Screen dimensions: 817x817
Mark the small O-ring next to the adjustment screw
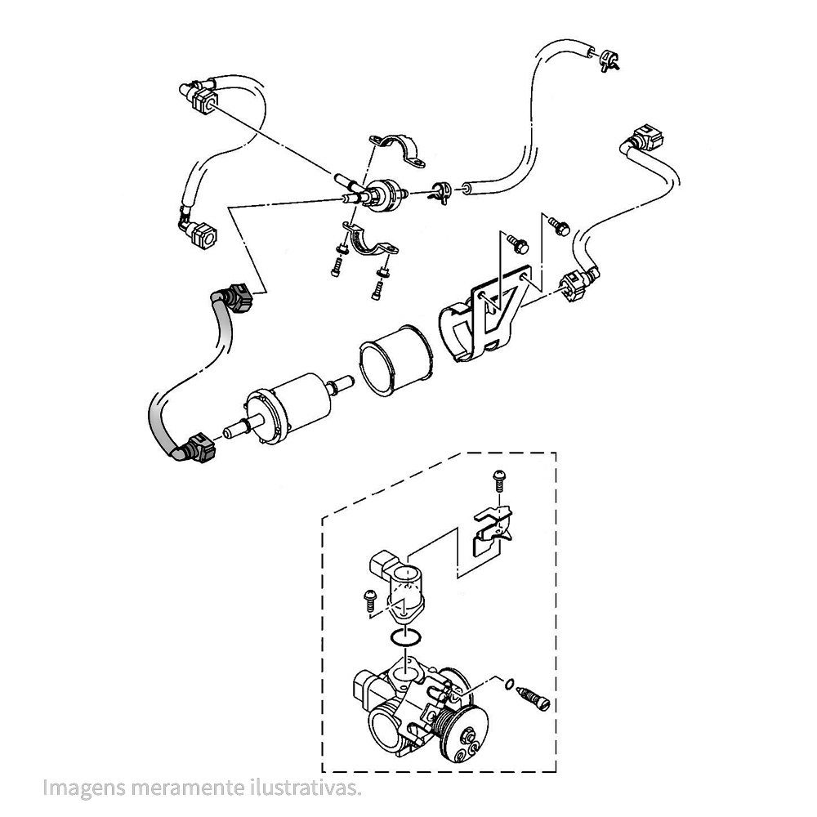508,684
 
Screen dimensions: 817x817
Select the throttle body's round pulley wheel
469,731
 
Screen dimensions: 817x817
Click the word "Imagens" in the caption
80,788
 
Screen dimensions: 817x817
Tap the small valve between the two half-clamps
384,197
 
